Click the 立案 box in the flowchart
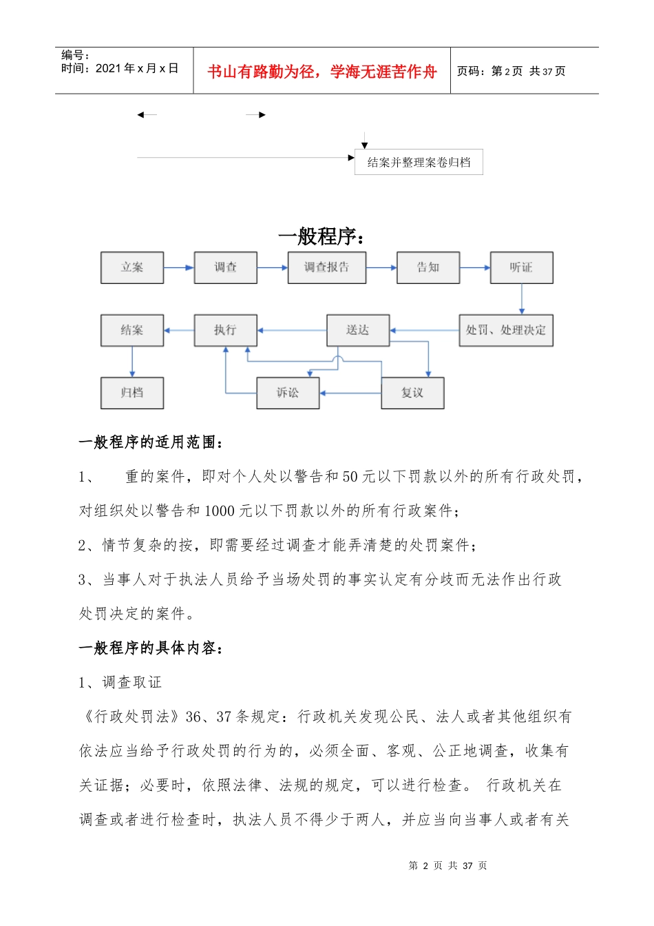[132, 267]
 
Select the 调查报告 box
[326, 267]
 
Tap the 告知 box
[428, 267]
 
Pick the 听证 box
[521, 267]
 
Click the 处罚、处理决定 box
[506, 330]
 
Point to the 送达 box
[357, 330]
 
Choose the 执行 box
[225, 330]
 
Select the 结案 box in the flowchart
[132, 330]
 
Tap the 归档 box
[132, 393]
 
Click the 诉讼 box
[288, 393]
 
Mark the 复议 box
[412, 393]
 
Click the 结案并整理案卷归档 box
[419, 163]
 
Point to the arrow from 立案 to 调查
[179, 267]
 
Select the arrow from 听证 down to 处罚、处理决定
[522, 299]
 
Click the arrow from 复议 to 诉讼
[350, 393]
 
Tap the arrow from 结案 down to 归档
[132, 362]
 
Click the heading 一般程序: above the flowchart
[321, 236]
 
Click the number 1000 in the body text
[220, 511]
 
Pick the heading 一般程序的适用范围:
[151, 442]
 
